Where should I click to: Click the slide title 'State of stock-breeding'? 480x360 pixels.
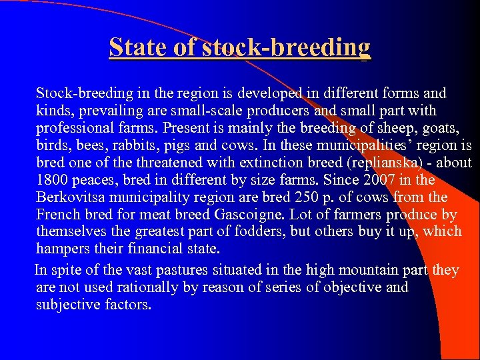coord(239,47)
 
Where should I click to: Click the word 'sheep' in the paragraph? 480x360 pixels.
coord(379,128)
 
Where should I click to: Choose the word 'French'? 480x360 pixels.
coord(59,215)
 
